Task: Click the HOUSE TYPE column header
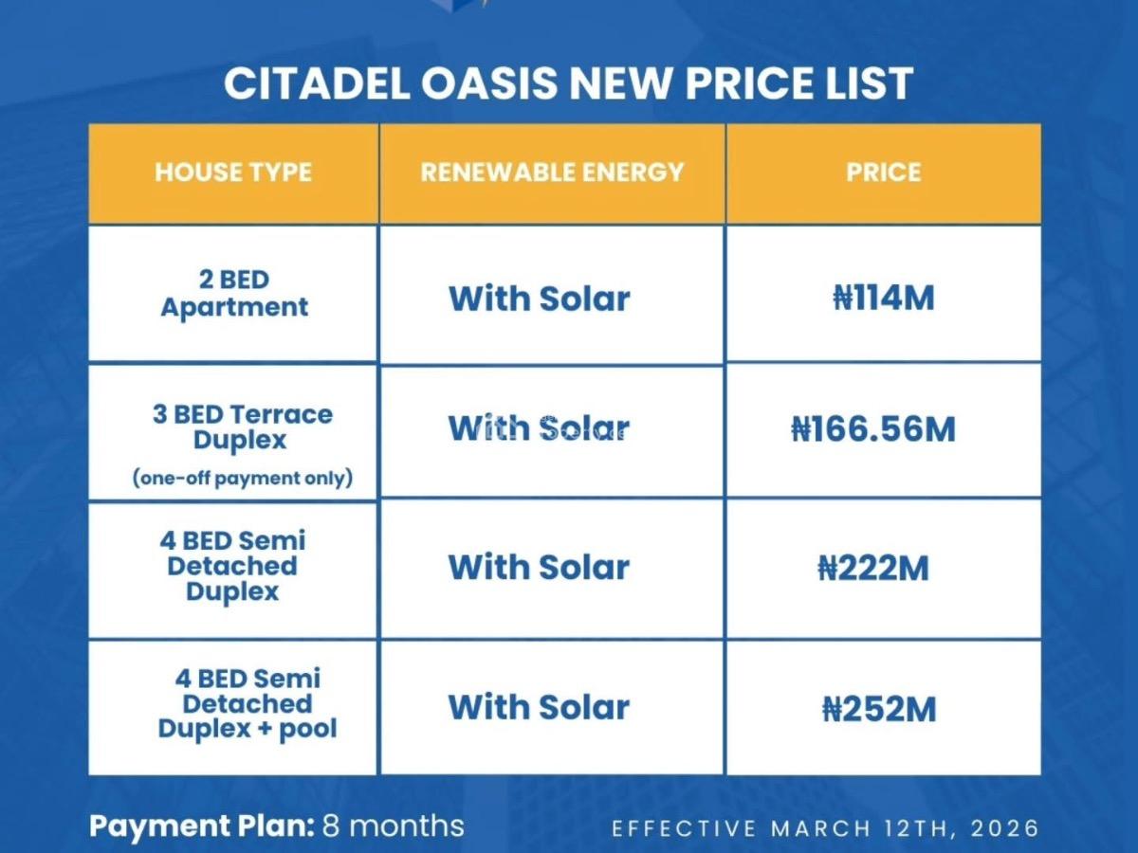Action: point(233,172)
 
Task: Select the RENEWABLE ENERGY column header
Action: point(552,172)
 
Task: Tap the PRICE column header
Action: point(883,172)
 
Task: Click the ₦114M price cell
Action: point(883,299)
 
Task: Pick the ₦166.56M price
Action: point(873,429)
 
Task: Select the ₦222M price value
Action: point(873,569)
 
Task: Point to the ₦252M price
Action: point(879,709)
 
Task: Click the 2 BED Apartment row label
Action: point(234,294)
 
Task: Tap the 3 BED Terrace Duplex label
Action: point(242,427)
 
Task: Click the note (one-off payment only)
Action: point(242,479)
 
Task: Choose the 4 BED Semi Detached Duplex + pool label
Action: point(248,704)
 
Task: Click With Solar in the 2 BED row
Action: point(539,299)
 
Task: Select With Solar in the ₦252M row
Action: point(539,707)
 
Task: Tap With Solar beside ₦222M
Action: point(539,568)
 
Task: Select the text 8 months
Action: point(394,825)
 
